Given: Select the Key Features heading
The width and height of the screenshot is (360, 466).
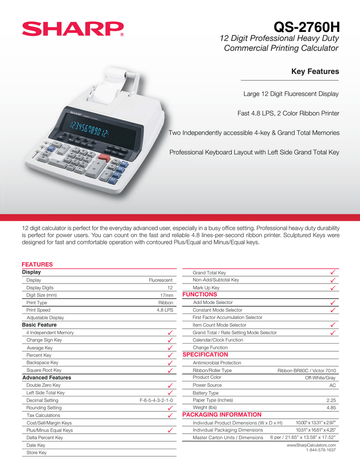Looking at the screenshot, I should (315, 71).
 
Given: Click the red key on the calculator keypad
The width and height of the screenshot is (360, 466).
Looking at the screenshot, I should (102, 157).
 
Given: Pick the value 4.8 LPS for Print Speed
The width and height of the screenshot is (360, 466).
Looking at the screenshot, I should (165, 310).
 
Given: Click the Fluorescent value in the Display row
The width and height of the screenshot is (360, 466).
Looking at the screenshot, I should (161, 280).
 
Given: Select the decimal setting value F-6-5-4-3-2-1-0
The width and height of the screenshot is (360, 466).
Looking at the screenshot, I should (156, 400).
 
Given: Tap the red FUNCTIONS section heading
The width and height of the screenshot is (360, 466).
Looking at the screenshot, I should (200, 294).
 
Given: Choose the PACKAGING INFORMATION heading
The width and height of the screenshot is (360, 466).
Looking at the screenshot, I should (222, 415).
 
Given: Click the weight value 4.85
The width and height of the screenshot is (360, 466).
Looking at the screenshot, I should (331, 408).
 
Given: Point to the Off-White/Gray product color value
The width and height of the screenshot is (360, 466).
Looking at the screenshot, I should (320, 378).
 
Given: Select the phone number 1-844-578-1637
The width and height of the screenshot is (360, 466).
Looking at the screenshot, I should (321, 450).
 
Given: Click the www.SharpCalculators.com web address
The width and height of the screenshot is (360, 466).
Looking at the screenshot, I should (311, 445).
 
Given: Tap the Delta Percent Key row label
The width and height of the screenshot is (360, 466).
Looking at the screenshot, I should (45, 438).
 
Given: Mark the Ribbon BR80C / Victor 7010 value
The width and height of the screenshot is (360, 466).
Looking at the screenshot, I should (307, 371).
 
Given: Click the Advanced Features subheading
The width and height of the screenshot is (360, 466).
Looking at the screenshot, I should (47, 378).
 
